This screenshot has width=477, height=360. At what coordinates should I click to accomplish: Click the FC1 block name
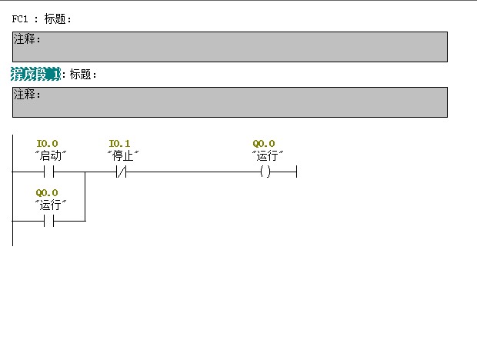[x=20, y=19]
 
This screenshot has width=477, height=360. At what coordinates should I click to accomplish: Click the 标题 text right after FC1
[x=57, y=19]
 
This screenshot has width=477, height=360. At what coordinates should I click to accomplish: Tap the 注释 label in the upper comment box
[x=27, y=38]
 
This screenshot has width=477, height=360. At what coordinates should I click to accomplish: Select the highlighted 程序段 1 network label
[x=35, y=74]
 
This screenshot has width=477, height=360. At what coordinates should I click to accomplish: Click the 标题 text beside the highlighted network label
[x=82, y=75]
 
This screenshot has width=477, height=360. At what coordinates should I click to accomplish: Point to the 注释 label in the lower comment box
[x=27, y=94]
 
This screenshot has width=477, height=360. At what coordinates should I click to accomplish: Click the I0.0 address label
[x=47, y=143]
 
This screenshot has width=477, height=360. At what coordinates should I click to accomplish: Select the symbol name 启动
[x=52, y=155]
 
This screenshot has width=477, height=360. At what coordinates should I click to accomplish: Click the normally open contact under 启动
[x=48, y=172]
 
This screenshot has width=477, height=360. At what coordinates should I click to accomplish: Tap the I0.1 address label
[x=120, y=143]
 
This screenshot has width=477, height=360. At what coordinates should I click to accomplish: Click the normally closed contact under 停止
[x=121, y=172]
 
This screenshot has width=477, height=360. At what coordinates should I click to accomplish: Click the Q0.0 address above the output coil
[x=264, y=143]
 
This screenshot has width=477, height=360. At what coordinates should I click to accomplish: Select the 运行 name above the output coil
[x=268, y=155]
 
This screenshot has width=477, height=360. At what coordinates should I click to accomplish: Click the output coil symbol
[x=265, y=172]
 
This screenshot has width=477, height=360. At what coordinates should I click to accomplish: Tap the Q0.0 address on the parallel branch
[x=47, y=192]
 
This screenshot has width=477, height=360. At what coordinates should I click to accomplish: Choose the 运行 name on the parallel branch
[x=52, y=204]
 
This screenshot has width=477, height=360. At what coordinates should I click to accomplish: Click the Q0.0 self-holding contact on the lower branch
[x=48, y=222]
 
